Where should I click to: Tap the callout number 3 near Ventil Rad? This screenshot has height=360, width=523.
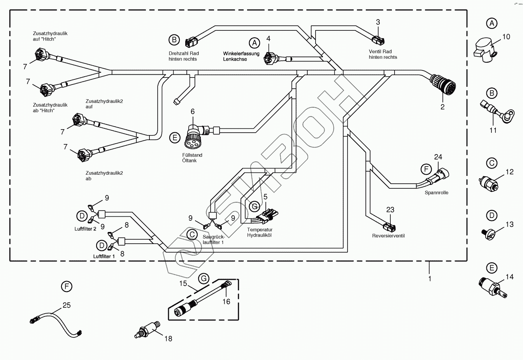(x=378, y=22)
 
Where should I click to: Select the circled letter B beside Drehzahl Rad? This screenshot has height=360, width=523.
(x=174, y=40)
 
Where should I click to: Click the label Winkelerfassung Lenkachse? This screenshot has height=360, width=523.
(x=241, y=56)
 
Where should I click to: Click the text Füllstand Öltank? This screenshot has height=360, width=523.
(x=192, y=158)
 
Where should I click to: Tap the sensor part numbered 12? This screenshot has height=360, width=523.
(x=490, y=182)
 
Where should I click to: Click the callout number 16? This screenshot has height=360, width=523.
(x=226, y=301)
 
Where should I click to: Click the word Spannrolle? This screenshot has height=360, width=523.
(x=436, y=193)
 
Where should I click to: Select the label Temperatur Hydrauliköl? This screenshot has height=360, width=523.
(x=260, y=232)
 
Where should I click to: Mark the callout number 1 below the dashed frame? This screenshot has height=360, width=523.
(x=430, y=279)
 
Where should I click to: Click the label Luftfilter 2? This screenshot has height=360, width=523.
(x=85, y=229)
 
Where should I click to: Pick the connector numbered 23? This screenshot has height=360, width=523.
(x=390, y=227)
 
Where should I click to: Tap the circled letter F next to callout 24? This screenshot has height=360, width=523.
(x=426, y=169)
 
